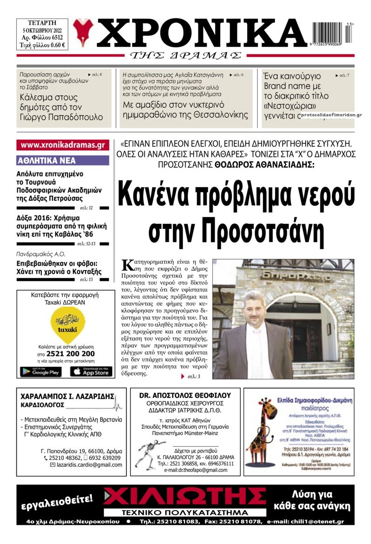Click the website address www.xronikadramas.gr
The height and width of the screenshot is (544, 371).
click(x=63, y=145)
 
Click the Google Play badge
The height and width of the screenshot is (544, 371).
click(x=40, y=372)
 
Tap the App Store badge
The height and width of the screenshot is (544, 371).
click(x=91, y=372)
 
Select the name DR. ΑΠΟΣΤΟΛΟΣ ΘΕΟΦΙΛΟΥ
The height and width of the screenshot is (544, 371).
click(x=185, y=395)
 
